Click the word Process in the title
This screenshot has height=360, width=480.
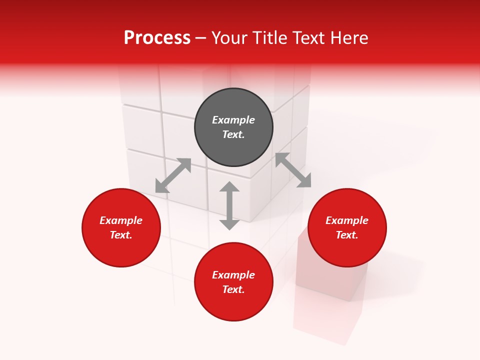tap(157, 38)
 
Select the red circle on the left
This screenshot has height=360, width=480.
tap(121, 250)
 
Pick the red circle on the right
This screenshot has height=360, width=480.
tap(347, 250)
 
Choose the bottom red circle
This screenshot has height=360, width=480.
tap(233, 305)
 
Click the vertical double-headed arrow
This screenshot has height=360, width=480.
tap(229, 205)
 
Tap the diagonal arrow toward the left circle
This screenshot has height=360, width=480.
tap(173, 175)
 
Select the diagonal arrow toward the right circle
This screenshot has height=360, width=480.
tap(293, 170)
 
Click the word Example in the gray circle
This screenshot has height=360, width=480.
tap(233, 120)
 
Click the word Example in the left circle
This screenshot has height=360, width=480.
tap(121, 220)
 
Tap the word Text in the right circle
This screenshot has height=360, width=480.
tap(346, 235)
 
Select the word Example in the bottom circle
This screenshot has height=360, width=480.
tap(233, 275)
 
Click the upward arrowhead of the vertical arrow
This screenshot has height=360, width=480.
tap(229, 186)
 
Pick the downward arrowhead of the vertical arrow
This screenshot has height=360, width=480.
tap(229, 224)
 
